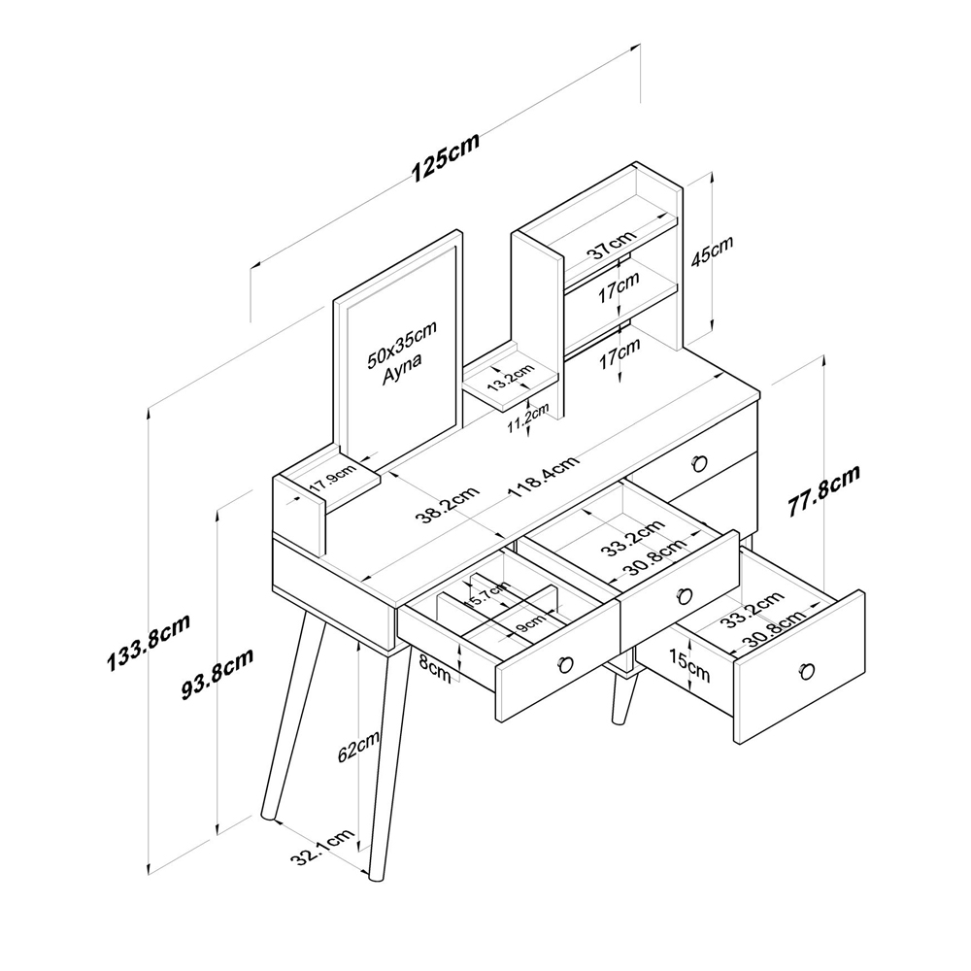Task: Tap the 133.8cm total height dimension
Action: [149, 643]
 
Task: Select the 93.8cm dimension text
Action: [218, 673]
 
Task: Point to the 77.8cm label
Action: [823, 490]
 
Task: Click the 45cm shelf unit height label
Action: [712, 251]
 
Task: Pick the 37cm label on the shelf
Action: [611, 244]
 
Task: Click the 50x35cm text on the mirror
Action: [402, 344]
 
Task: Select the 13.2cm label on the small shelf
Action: [510, 377]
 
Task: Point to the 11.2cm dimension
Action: [528, 418]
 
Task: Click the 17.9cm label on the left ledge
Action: [333, 477]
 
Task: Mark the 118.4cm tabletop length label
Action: [544, 476]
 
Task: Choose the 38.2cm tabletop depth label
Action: [447, 505]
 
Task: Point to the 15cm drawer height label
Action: [688, 666]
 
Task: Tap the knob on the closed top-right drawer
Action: [699, 462]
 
